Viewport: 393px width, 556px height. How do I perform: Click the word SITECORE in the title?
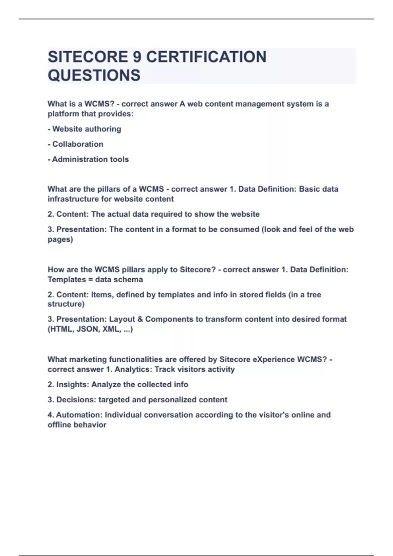click(x=88, y=57)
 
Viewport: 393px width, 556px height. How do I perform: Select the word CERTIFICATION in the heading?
click(x=206, y=57)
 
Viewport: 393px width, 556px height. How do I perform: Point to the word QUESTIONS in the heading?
click(x=94, y=75)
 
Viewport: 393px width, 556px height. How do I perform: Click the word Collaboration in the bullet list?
click(x=78, y=144)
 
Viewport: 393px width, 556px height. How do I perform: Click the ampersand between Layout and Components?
click(x=140, y=319)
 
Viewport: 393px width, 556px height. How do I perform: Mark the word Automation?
click(x=79, y=415)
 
